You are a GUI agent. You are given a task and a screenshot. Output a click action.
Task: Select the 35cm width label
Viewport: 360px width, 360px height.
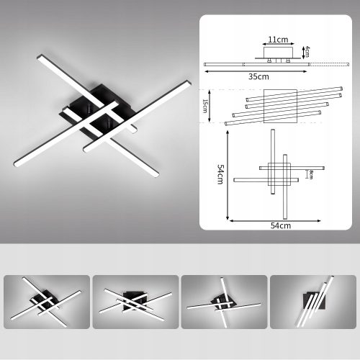(258, 76)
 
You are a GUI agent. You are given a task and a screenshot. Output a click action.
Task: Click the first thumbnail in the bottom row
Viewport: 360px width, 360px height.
(47, 302)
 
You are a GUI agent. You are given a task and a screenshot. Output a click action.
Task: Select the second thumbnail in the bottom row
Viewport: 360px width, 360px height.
(136, 302)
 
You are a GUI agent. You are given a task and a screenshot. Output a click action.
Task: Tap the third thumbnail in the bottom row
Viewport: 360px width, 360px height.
(224, 302)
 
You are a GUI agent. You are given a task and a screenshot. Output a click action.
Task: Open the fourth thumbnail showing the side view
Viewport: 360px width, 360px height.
(313, 302)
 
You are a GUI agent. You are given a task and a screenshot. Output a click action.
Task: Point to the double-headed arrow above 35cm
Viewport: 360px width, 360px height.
(258, 70)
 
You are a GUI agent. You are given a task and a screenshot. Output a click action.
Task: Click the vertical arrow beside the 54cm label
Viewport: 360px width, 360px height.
(228, 175)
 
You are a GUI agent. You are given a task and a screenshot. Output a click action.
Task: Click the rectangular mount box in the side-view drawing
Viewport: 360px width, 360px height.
(277, 55)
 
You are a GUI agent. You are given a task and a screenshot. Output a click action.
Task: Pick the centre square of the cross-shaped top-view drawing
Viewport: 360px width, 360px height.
(278, 174)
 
